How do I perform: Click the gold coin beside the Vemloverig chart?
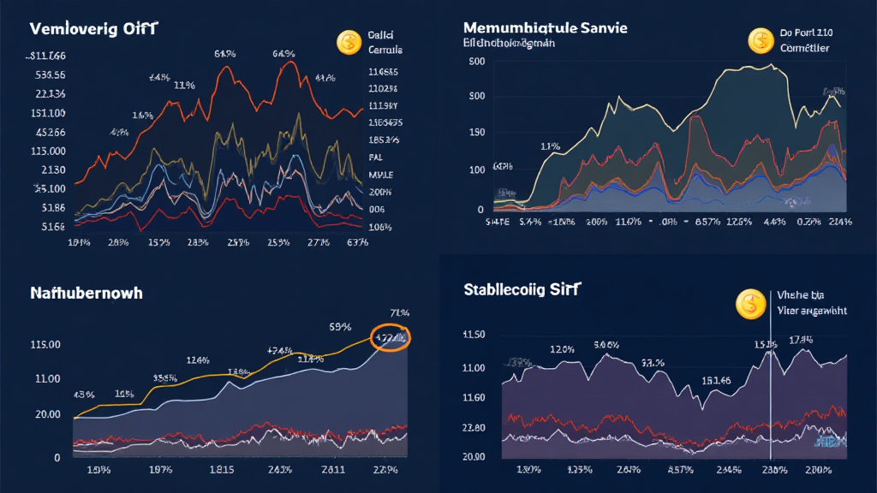point(349,41)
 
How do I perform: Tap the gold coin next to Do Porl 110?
point(761,40)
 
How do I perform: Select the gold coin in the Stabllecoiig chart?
point(749,304)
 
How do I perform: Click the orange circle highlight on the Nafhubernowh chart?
point(391,337)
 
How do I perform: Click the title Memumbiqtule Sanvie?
point(545,27)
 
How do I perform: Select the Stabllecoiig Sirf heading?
point(521,288)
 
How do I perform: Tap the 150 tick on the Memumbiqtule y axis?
point(477,133)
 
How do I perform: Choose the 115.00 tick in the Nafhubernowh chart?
point(45,344)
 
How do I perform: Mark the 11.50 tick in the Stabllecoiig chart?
point(474,334)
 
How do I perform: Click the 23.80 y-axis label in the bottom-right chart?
point(474,428)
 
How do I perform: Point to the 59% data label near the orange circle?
point(340,326)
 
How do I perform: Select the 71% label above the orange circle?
point(398,312)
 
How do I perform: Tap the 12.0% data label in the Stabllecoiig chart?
point(562,349)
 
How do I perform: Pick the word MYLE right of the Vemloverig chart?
point(380,175)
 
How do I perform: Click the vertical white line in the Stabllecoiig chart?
point(772,385)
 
